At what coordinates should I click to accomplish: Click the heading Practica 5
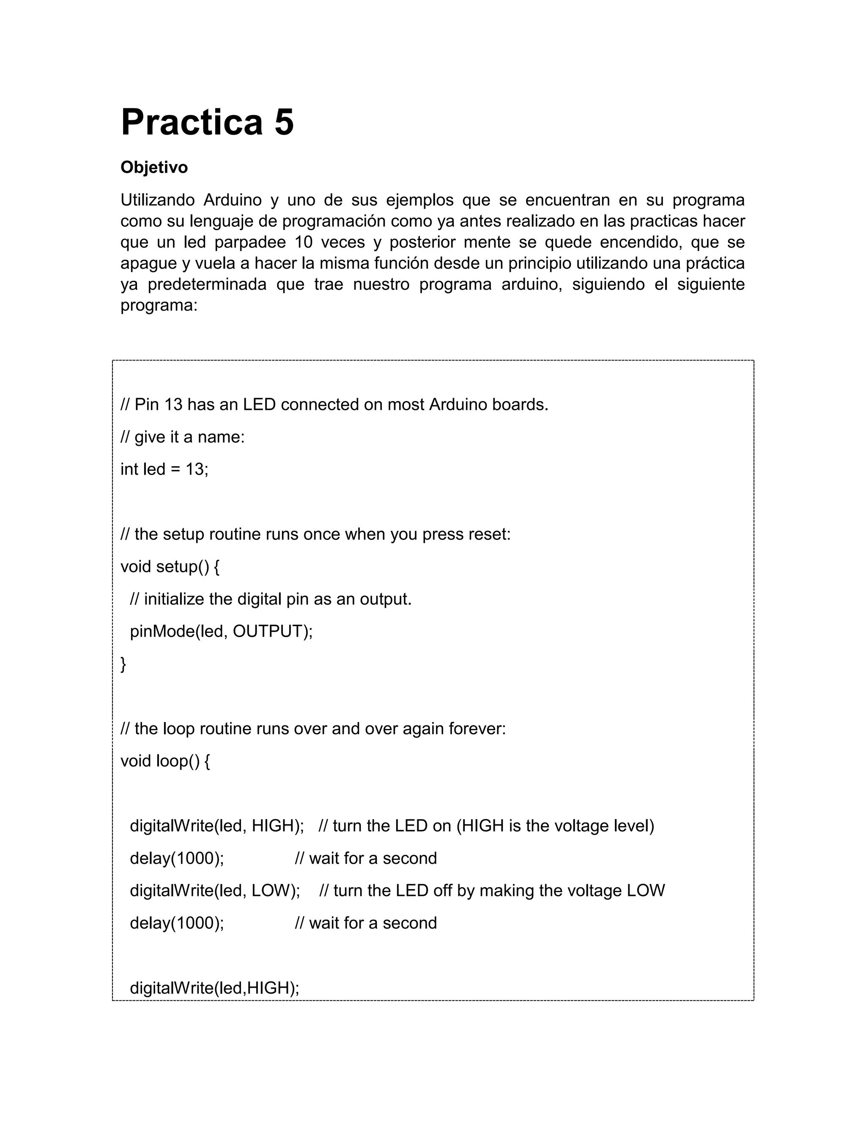click(x=207, y=123)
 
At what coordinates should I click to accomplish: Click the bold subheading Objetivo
click(x=154, y=168)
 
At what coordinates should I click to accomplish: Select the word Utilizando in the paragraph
click(x=157, y=200)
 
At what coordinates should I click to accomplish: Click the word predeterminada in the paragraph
click(x=207, y=284)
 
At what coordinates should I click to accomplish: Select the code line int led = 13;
click(x=164, y=469)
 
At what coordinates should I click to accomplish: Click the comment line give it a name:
click(x=183, y=437)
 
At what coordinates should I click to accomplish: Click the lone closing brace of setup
click(x=123, y=664)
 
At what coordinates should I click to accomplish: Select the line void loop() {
click(x=165, y=761)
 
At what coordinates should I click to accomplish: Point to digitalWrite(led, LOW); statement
click(x=215, y=890)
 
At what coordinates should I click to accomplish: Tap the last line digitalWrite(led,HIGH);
click(x=214, y=988)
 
